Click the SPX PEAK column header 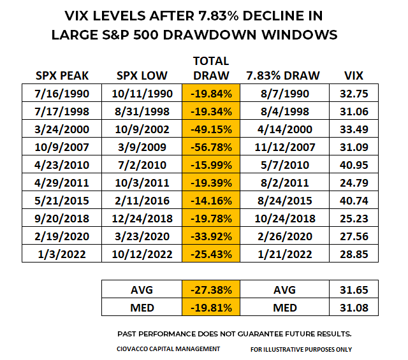[x=63, y=76]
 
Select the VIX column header [x=353, y=76]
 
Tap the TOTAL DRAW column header [x=210, y=68]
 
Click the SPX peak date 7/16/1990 [x=63, y=94]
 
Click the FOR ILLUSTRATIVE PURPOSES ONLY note [x=302, y=349]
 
